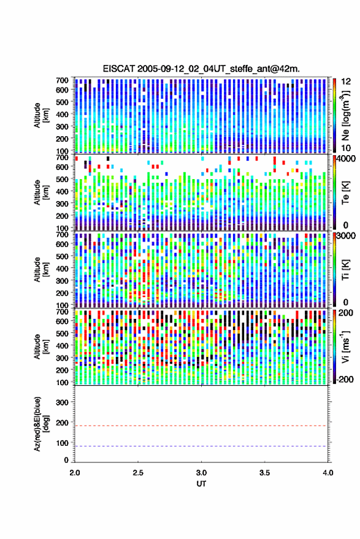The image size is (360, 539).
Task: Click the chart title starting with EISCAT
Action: (201, 69)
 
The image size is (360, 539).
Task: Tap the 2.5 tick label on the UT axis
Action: (138, 473)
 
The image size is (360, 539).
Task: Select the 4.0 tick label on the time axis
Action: (327, 473)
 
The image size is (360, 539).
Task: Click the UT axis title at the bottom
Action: (201, 484)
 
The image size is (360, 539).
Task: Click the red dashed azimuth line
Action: (201, 426)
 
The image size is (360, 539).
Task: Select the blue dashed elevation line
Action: (201, 446)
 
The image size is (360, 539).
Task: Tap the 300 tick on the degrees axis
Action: (62, 402)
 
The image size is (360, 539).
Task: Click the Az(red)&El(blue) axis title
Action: (41, 424)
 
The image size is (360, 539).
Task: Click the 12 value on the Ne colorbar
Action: (346, 81)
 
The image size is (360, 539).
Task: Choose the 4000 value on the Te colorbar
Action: (347, 159)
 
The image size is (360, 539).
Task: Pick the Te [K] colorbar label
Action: (345, 193)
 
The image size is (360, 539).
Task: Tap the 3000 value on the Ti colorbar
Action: (347, 236)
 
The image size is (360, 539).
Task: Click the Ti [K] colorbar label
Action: (345, 270)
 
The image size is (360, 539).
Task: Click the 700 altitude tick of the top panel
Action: (62, 80)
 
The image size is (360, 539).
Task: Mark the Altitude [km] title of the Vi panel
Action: (41, 346)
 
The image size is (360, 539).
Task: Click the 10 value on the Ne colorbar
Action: (346, 148)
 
